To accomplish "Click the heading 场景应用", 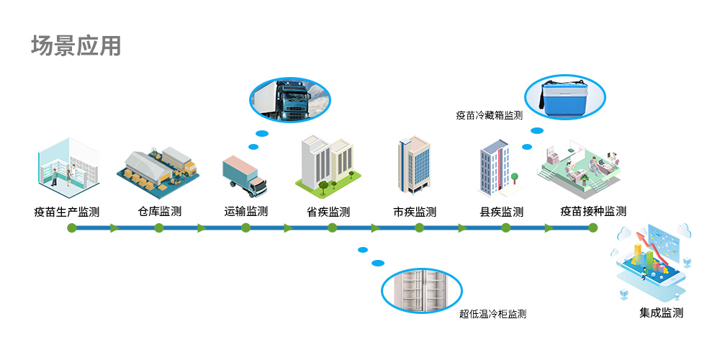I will click(76, 46).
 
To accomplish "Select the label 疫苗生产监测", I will click(66, 212).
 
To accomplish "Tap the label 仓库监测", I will click(159, 212).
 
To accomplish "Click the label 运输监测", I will click(246, 212).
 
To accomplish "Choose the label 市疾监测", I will click(415, 212).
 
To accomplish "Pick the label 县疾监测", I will click(502, 212).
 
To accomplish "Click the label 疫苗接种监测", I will click(593, 212).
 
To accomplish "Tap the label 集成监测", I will click(661, 313).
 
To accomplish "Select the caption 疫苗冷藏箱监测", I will click(489, 114).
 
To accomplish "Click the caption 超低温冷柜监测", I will click(492, 315).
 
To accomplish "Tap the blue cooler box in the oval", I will click(570, 99).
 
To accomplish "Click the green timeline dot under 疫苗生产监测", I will click(71, 228).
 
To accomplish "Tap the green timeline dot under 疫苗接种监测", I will click(593, 228).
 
